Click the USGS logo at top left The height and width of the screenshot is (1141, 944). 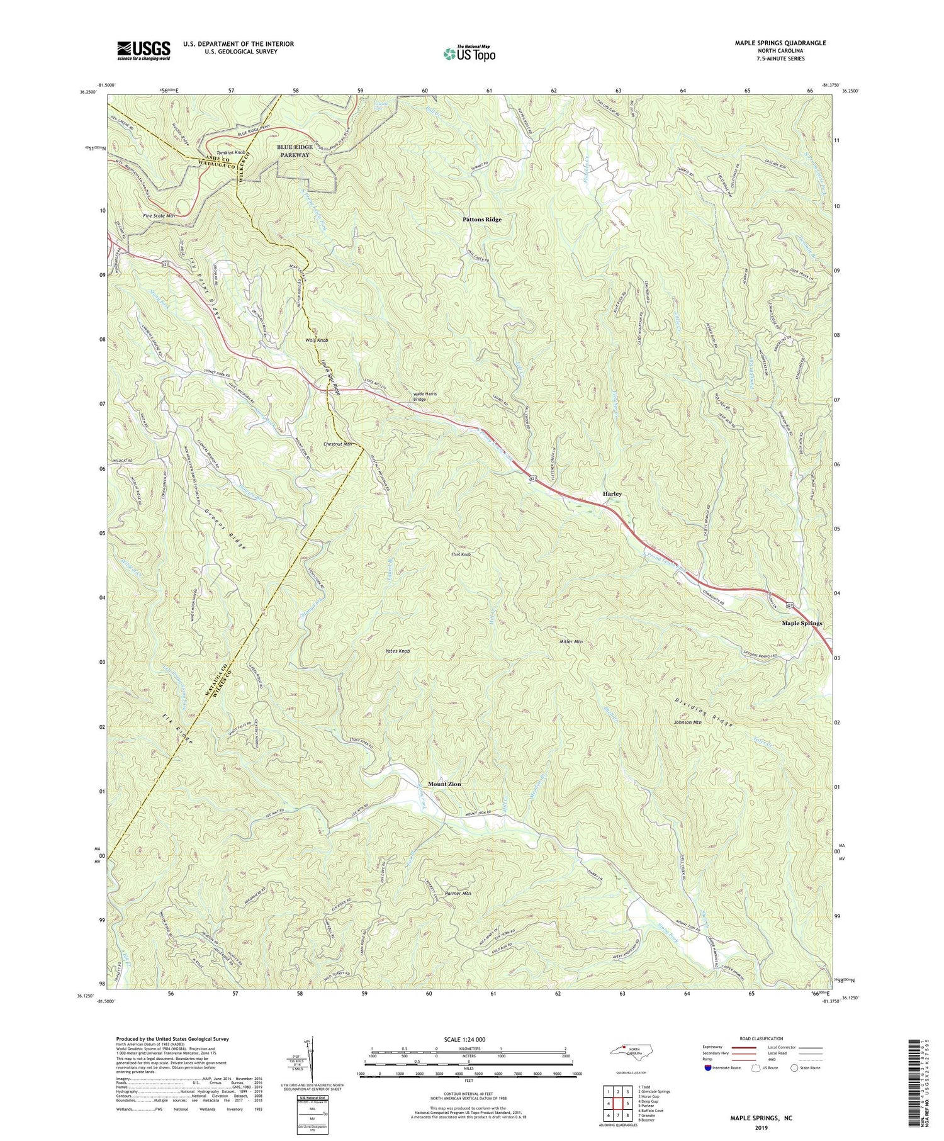point(143,50)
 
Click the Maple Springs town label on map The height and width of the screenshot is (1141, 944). point(801,623)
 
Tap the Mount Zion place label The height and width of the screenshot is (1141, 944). point(444,784)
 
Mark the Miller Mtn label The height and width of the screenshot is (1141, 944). point(571,642)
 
